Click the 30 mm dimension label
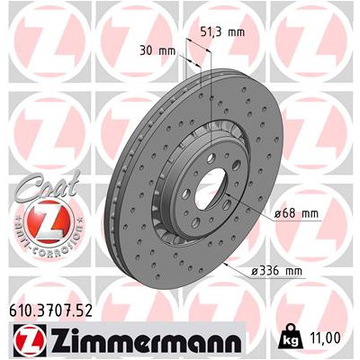click(x=158, y=50)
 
